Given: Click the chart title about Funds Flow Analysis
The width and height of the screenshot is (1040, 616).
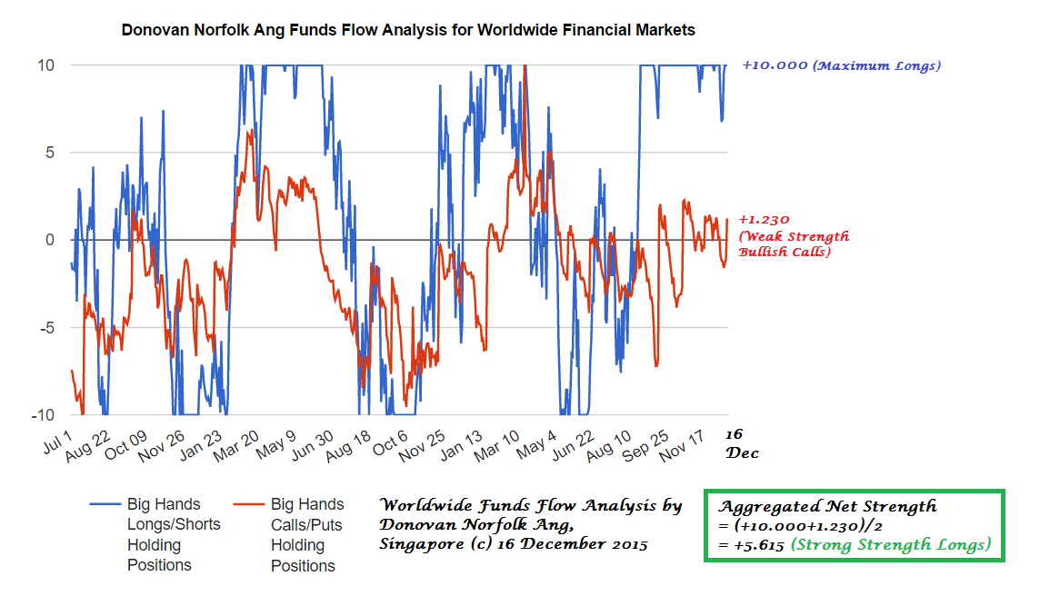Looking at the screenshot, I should [408, 30].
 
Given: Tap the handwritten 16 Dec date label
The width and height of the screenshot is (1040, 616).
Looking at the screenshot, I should [741, 443].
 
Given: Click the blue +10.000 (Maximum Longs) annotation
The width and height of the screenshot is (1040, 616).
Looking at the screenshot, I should [841, 65].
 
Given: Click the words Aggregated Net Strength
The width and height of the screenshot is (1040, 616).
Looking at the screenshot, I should [827, 506].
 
